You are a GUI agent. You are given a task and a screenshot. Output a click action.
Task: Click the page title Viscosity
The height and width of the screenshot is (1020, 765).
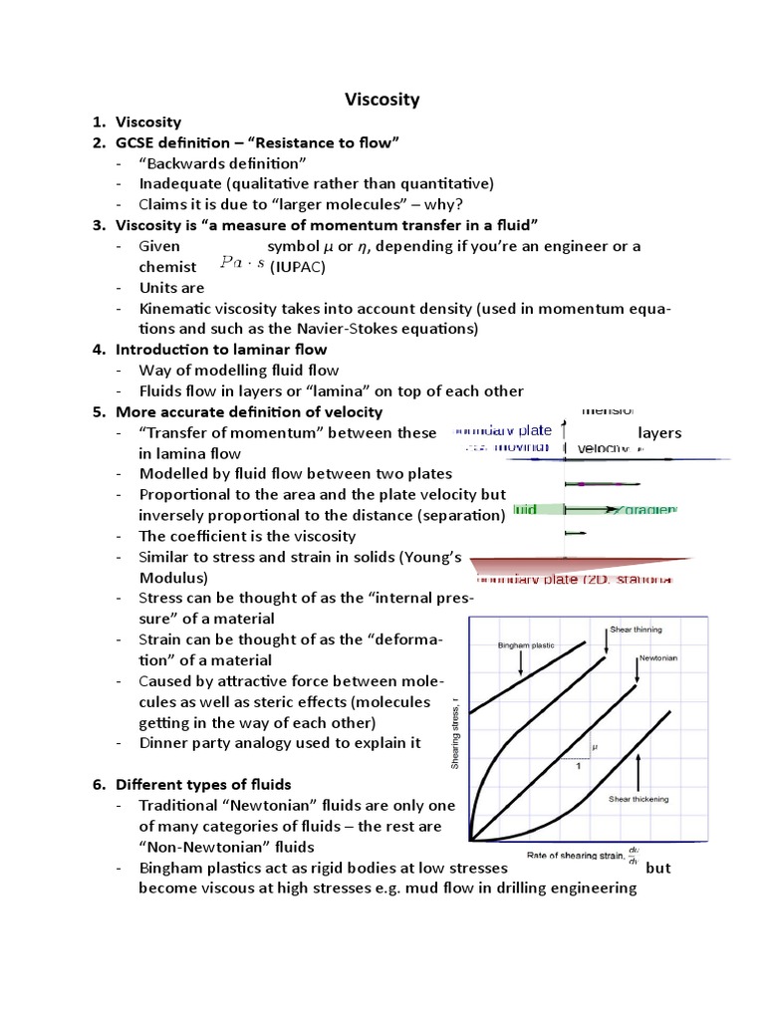point(382,99)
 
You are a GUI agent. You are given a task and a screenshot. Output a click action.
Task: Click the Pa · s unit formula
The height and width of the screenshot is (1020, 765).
point(241,266)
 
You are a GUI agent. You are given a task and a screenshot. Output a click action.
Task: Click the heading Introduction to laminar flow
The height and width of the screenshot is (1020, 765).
point(220,350)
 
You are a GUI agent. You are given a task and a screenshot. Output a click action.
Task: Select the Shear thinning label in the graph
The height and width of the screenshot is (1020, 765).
point(635,630)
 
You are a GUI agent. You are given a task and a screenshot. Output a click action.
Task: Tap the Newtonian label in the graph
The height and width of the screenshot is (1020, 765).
point(658,659)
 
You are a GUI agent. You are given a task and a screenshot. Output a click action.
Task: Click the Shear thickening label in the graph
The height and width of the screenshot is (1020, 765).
point(638,799)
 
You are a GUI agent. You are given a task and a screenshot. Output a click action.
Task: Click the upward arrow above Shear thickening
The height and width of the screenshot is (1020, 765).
point(637,769)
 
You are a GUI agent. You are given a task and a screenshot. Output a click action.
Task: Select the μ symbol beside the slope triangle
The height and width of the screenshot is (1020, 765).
point(595,746)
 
